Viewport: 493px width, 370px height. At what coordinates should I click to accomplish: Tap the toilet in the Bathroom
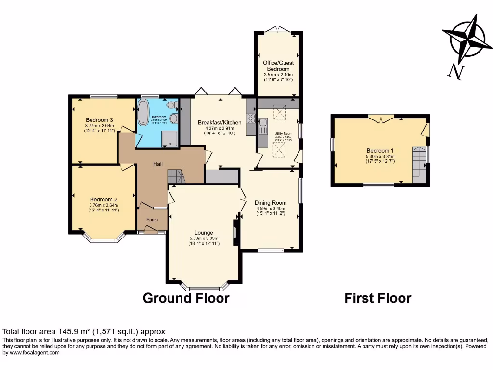tap(169, 105)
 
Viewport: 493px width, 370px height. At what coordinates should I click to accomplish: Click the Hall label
tap(157, 164)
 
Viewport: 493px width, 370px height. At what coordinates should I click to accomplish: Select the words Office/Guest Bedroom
tap(278, 66)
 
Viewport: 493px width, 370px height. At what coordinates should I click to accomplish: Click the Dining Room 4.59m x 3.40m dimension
tap(271, 209)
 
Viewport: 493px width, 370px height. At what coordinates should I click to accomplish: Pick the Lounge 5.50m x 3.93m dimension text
tap(204, 238)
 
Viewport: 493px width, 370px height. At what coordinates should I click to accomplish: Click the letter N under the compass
tap(455, 72)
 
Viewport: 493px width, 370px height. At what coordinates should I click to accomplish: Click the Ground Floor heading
tap(186, 298)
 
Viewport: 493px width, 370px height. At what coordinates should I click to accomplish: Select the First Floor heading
tap(377, 298)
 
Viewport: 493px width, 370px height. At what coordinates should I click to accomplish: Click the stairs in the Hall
tap(175, 176)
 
